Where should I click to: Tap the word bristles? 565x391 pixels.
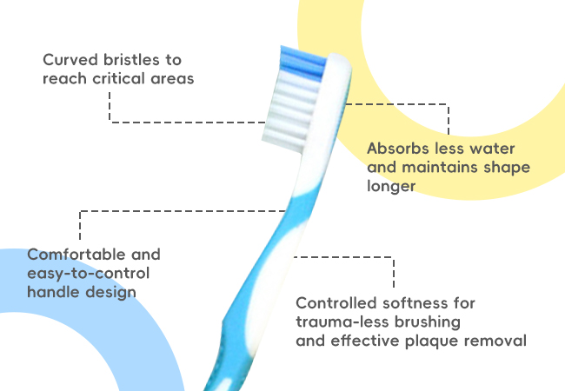click(131, 60)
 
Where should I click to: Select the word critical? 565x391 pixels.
click(118, 78)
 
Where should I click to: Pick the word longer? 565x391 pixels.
click(391, 186)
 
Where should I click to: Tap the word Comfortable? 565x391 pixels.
click(76, 255)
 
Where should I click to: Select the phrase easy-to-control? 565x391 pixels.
click(89, 274)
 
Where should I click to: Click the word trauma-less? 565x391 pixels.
click(342, 321)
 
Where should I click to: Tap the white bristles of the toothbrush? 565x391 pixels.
click(291, 114)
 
